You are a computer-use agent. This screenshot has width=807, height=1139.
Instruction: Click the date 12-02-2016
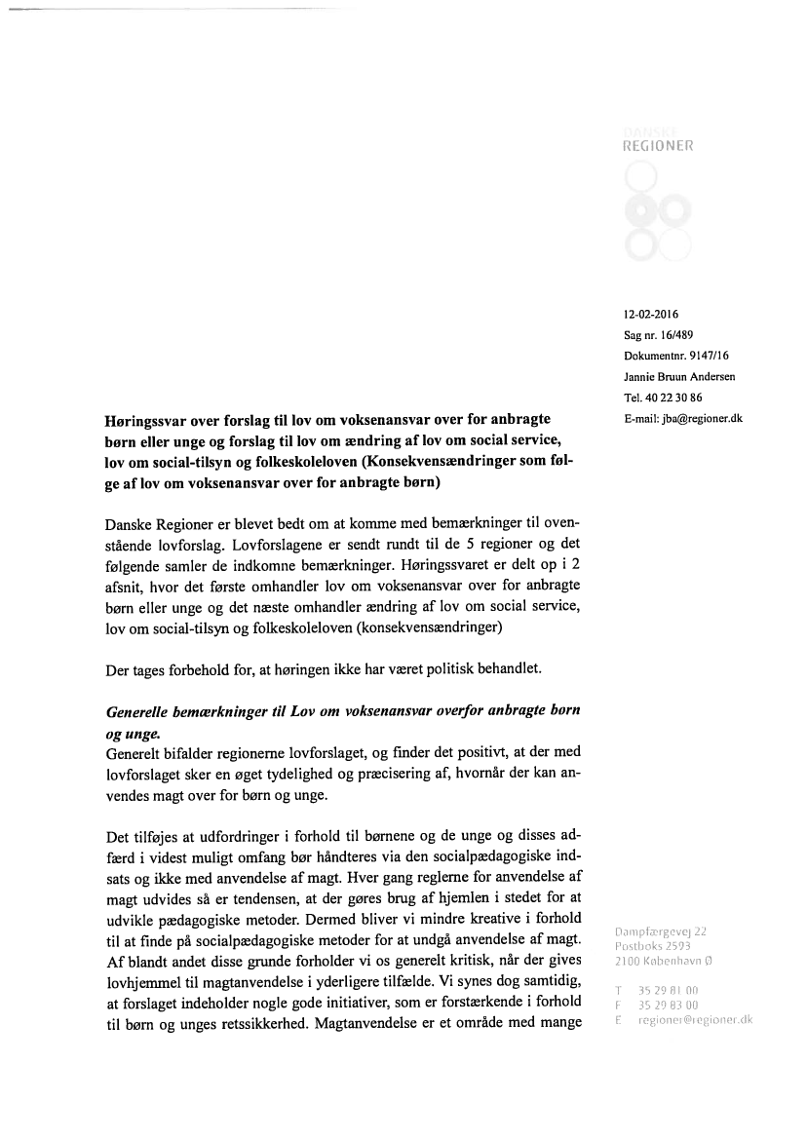click(x=651, y=314)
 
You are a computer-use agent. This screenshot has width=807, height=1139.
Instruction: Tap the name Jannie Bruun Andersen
click(x=679, y=376)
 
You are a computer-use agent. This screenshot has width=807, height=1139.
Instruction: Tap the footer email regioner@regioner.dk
click(x=695, y=1019)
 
